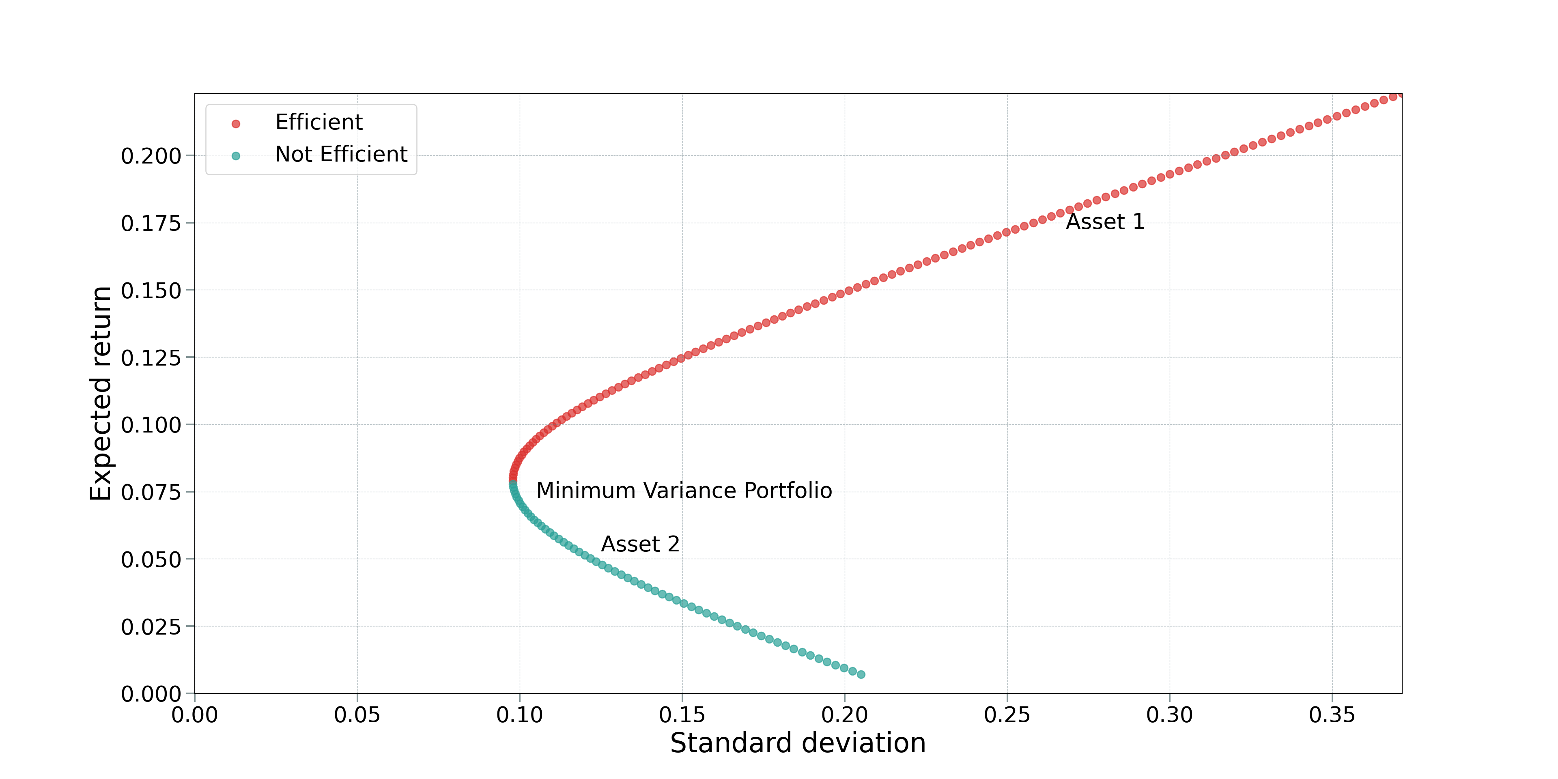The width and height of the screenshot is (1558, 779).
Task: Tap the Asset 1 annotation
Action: click(x=1104, y=222)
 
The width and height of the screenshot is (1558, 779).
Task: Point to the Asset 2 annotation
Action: click(x=640, y=544)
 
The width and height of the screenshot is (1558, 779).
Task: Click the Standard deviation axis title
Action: click(x=797, y=743)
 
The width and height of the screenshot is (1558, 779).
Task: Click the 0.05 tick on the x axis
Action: click(x=357, y=715)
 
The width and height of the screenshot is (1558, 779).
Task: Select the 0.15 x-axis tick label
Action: click(x=682, y=715)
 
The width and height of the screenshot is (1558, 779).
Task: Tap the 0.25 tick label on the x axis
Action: click(x=1007, y=715)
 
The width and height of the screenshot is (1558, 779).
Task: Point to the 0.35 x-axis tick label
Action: click(x=1332, y=715)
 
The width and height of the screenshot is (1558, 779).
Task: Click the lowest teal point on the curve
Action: click(x=861, y=674)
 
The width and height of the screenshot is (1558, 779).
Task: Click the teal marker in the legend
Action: click(x=236, y=156)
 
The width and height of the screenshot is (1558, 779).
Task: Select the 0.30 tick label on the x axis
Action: click(x=1169, y=715)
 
